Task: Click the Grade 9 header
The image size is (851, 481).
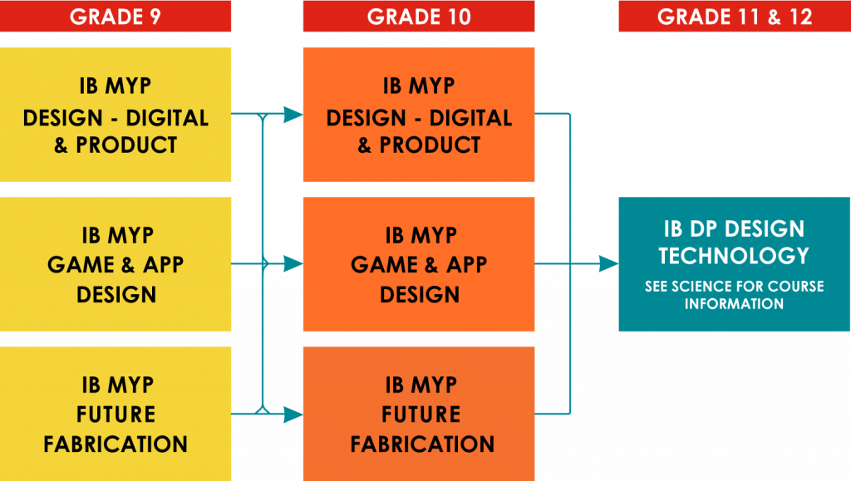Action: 116,17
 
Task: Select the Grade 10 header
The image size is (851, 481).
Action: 419,17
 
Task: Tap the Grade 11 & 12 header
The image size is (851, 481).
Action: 734,17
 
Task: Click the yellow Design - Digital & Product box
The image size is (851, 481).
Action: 116,115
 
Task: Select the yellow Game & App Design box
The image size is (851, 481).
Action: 116,264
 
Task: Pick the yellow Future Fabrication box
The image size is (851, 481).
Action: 116,414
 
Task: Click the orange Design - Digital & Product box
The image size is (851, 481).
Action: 419,115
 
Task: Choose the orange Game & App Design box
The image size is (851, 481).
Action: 419,264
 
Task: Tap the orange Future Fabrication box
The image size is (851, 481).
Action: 419,414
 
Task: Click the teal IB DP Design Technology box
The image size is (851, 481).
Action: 734,264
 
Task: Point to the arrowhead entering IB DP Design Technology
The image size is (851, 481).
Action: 608,264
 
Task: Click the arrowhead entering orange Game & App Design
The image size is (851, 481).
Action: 293,264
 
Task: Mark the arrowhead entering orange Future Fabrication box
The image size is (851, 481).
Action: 293,414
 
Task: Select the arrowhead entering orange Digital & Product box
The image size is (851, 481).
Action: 293,115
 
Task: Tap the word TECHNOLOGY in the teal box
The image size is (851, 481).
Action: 734,255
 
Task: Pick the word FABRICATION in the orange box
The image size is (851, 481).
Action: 422,444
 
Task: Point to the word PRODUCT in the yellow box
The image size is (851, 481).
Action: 126,145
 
